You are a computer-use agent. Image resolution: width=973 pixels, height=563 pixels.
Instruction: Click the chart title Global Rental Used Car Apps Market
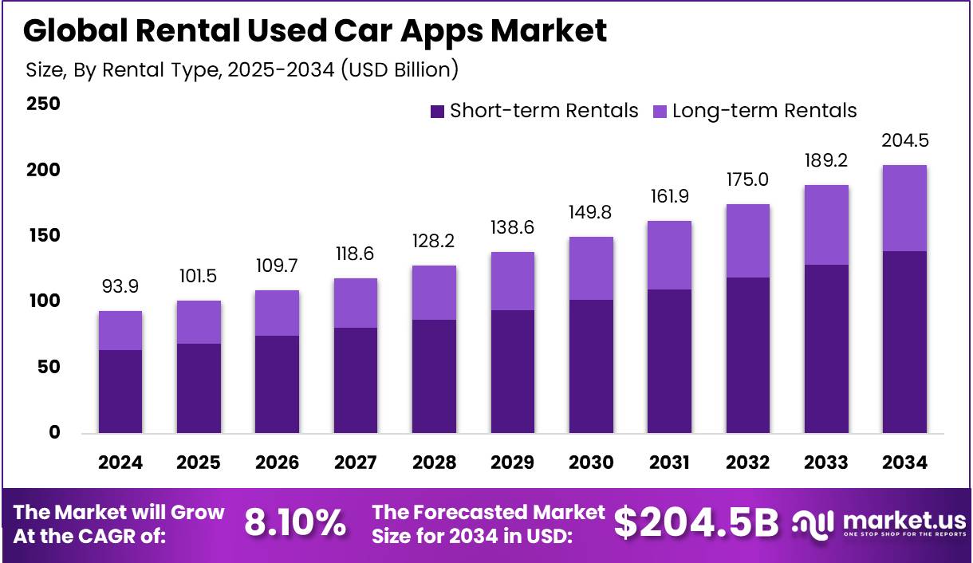[315, 30]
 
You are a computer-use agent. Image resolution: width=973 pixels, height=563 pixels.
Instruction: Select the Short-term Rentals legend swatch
[437, 111]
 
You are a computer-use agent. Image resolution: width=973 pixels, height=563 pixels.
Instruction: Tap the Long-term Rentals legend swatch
[660, 111]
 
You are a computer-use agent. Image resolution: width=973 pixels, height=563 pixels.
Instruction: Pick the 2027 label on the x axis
[356, 463]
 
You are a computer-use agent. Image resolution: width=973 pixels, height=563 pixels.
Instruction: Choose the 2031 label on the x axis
[669, 463]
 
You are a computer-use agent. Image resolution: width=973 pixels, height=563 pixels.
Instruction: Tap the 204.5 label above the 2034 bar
[904, 141]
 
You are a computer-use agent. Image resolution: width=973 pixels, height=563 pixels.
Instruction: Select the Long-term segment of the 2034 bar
[904, 208]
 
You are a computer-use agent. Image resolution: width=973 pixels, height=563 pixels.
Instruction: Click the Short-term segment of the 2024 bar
[120, 392]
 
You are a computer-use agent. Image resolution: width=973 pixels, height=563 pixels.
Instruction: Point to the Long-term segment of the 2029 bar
[513, 281]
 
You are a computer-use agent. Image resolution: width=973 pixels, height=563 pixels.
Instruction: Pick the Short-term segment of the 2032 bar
[747, 355]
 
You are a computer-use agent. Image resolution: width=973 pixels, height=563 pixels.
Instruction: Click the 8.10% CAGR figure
[295, 523]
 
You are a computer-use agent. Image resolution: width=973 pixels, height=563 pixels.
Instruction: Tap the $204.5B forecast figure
[695, 523]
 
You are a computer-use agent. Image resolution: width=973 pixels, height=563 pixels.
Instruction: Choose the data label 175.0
[747, 179]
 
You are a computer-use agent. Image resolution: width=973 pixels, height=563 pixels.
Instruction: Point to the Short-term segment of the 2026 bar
[278, 384]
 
